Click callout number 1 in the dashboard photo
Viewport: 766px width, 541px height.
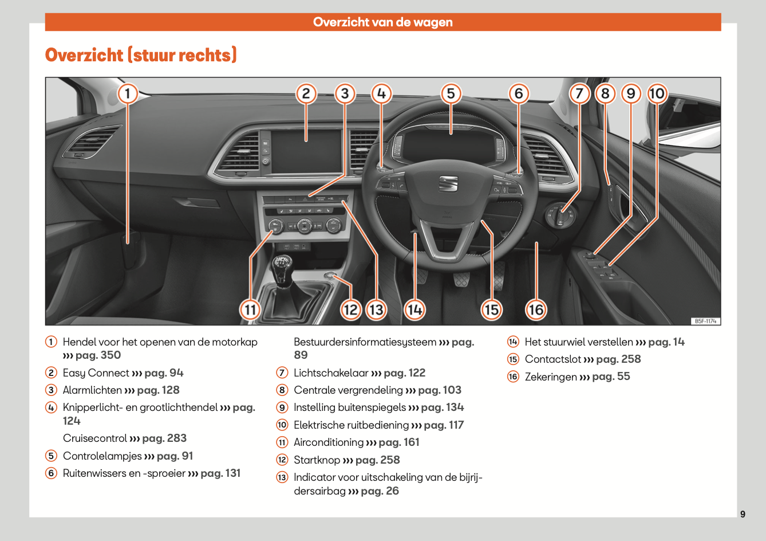tap(128, 93)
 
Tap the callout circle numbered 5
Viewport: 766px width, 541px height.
tap(451, 93)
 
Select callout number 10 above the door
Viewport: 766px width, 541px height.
tap(657, 93)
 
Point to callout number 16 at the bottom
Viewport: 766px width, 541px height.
tap(535, 310)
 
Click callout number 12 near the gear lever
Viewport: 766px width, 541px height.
tap(350, 310)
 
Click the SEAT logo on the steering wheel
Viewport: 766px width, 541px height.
tap(448, 183)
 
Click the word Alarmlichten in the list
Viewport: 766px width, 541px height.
tap(92, 390)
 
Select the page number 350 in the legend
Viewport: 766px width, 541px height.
tap(110, 355)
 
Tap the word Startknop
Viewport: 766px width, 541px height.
tap(317, 460)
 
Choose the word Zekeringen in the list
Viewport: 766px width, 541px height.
tap(551, 377)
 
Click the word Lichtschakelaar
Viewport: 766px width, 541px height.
tap(331, 373)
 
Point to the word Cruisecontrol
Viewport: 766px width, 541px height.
tap(95, 438)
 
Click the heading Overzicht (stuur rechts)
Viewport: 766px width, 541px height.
tap(141, 55)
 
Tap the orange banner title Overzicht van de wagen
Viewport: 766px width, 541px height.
tap(382, 22)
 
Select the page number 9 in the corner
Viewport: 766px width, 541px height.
tap(743, 514)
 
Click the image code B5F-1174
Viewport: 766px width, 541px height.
tap(705, 322)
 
